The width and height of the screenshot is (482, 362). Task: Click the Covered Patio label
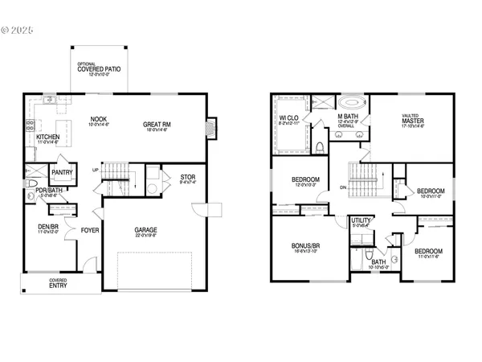click(100, 69)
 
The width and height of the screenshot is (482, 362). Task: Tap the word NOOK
click(97, 118)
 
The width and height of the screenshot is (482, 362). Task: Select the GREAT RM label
click(157, 124)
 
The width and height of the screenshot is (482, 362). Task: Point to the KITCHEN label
click(47, 137)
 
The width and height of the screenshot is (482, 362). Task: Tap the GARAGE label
click(145, 230)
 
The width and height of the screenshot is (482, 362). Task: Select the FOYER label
click(90, 230)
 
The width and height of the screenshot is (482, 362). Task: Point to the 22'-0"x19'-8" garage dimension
click(145, 237)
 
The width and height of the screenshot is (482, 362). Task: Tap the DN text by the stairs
click(343, 188)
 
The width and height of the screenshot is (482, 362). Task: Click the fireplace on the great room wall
click(211, 127)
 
